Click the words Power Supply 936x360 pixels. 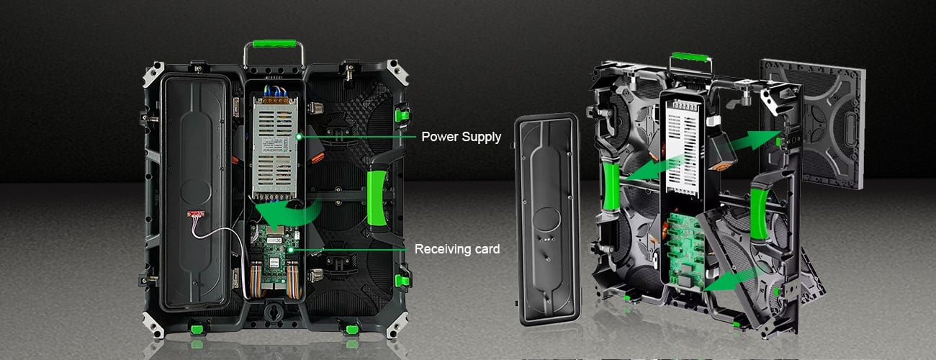[461, 137]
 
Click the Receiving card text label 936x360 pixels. [457, 249]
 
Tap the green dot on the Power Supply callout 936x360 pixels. [299, 137]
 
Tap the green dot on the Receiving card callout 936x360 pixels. [290, 250]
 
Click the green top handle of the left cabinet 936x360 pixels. [274, 43]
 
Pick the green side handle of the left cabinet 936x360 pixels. [377, 198]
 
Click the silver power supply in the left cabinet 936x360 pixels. [274, 147]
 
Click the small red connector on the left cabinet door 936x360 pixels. [196, 215]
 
